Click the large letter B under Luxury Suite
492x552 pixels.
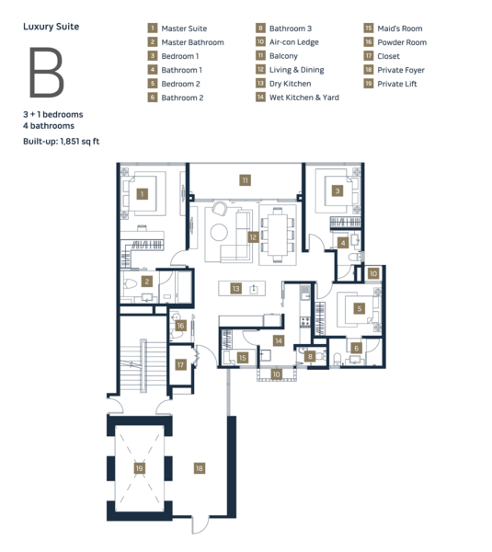click(47, 72)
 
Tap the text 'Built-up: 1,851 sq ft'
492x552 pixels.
click(62, 142)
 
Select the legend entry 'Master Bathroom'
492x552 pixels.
click(192, 42)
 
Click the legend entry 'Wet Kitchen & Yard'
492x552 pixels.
click(304, 98)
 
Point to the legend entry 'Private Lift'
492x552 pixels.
click(397, 84)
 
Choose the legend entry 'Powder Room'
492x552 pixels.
click(402, 42)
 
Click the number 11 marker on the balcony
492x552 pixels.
click(245, 180)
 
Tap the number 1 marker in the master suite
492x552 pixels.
click(143, 194)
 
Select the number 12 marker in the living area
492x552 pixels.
click(253, 237)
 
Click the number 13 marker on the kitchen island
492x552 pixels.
click(235, 289)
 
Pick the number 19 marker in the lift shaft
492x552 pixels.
click(140, 468)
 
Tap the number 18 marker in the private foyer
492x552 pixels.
click(200, 468)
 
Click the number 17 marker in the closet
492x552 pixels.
click(180, 364)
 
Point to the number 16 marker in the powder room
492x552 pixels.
click(180, 326)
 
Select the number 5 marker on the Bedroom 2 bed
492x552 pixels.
click(360, 309)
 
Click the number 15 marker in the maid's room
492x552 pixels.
click(243, 358)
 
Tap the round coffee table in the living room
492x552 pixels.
click(219, 233)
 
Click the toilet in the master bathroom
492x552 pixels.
click(131, 283)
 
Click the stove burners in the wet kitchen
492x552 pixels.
click(305, 322)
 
